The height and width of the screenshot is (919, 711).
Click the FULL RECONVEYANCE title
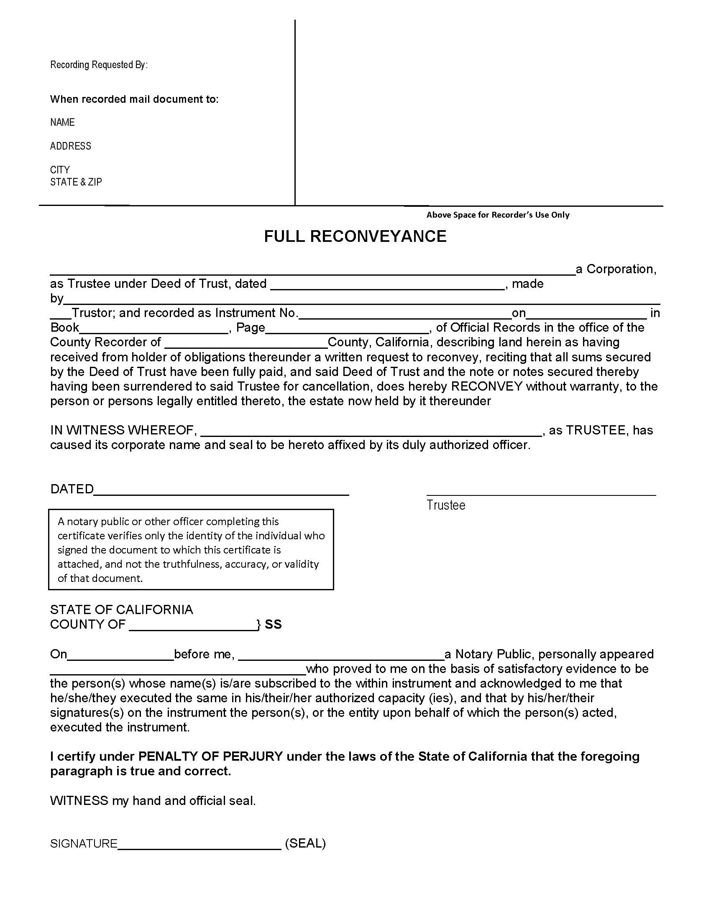pos(355,236)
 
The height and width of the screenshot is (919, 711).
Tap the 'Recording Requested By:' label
pos(99,65)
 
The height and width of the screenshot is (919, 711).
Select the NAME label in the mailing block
pos(62,122)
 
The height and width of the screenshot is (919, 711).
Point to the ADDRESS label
pos(71,146)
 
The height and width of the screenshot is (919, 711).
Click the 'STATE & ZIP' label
pos(76,182)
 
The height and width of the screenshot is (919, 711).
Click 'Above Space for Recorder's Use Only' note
pos(497,215)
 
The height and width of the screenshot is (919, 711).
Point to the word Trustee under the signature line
pos(446,505)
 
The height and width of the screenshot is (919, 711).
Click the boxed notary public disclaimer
pos(191,550)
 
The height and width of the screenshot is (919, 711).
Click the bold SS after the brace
pos(273,625)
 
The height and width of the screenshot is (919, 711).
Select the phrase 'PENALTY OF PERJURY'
pos(211,757)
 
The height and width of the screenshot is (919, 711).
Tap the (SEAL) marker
pos(305,843)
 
